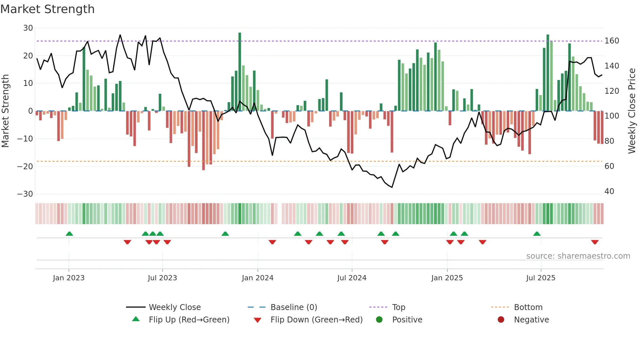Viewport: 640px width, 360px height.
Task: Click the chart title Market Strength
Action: click(x=47, y=9)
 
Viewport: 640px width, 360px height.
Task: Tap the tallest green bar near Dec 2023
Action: click(x=240, y=72)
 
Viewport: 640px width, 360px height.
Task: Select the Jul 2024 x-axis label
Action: click(x=352, y=278)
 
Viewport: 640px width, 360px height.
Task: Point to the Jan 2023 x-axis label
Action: click(x=69, y=278)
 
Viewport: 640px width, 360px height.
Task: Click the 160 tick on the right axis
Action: click(x=612, y=41)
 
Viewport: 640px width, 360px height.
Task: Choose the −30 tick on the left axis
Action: click(x=25, y=194)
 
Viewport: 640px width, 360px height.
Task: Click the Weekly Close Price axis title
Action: click(x=632, y=111)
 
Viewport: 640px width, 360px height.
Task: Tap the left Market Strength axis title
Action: click(x=5, y=111)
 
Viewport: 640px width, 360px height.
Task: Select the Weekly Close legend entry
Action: click(x=174, y=307)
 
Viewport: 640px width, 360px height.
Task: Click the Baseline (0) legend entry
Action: click(x=294, y=307)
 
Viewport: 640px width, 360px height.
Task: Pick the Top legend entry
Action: click(x=398, y=307)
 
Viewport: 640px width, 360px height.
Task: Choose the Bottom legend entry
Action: click(x=528, y=307)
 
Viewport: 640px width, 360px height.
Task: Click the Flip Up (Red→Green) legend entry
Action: click(x=189, y=320)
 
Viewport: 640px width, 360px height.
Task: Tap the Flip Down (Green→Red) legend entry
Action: click(x=316, y=320)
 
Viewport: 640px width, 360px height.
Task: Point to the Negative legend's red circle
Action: click(x=501, y=319)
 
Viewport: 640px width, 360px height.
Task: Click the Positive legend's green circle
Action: click(x=379, y=319)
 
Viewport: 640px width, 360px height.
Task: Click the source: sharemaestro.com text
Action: click(x=578, y=256)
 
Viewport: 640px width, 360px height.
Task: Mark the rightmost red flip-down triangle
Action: click(x=595, y=242)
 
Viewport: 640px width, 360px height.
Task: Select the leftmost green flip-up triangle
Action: click(x=69, y=234)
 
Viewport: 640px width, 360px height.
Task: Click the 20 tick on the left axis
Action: click(x=28, y=56)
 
